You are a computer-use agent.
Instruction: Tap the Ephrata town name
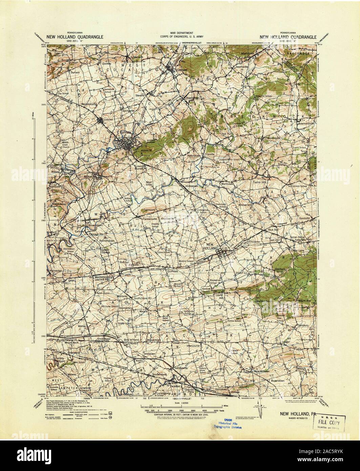(124, 133)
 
